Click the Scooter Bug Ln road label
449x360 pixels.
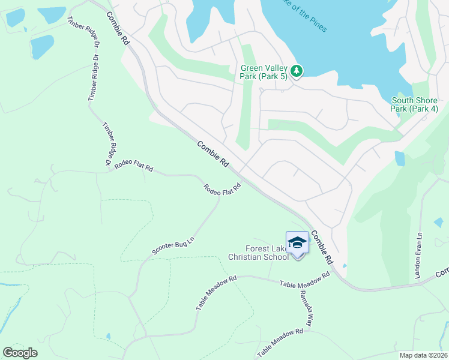(x=173, y=246)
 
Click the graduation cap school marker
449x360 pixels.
(x=297, y=243)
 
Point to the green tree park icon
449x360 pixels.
(x=297, y=71)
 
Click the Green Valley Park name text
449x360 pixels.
(x=264, y=68)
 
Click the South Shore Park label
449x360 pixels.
(x=414, y=100)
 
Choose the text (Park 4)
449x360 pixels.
(x=423, y=109)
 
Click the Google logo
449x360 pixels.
(x=20, y=353)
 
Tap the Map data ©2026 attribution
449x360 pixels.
(x=423, y=355)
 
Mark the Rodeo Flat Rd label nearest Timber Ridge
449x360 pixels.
(x=133, y=166)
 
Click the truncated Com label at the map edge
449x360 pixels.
(x=442, y=272)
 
